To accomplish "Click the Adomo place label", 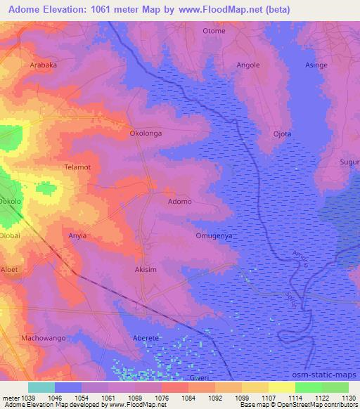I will click(x=180, y=202).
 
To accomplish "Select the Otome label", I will click(x=214, y=31).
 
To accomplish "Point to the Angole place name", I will click(x=248, y=65).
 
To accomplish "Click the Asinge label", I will click(x=316, y=65).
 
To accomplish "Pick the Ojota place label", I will click(x=282, y=134).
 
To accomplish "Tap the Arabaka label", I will click(x=44, y=65).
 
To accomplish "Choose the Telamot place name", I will click(x=77, y=168).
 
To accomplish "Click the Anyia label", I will click(x=77, y=235).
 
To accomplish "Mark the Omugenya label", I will click(x=214, y=235).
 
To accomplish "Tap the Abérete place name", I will click(x=146, y=338).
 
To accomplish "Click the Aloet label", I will click(x=9, y=269).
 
